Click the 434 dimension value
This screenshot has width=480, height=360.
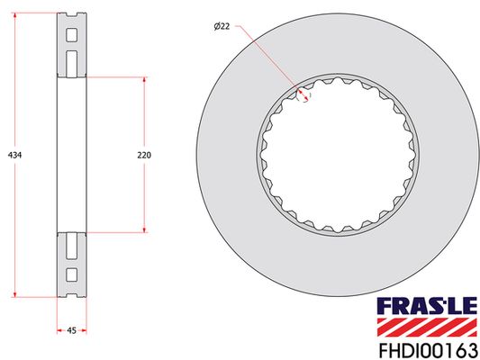point(14,155)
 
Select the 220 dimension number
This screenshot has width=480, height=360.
point(144,155)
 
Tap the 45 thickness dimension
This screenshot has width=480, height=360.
point(70,332)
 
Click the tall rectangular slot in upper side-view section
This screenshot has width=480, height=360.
point(70,62)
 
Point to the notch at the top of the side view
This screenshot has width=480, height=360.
point(70,16)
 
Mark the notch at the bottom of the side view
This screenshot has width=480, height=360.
point(70,293)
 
